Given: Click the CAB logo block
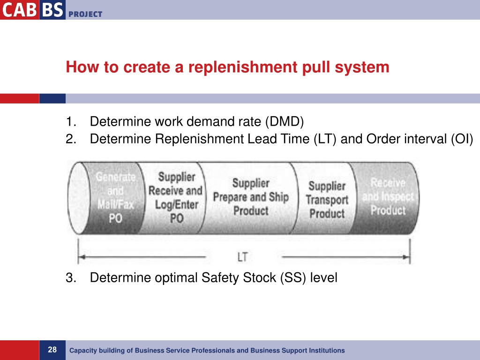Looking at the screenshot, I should (19, 10).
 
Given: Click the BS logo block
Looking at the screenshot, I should (52, 10).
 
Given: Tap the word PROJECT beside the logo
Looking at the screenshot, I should (85, 14).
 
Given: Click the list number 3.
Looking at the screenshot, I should (71, 278).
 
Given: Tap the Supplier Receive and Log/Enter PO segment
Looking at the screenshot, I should (175, 198).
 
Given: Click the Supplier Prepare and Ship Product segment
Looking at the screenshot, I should (250, 197).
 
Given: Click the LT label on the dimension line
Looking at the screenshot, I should (243, 257).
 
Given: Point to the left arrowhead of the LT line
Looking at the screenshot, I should (81, 257).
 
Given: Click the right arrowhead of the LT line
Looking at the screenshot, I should (408, 257).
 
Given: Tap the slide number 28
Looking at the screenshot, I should (52, 350).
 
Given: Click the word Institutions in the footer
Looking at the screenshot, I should (328, 351).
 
